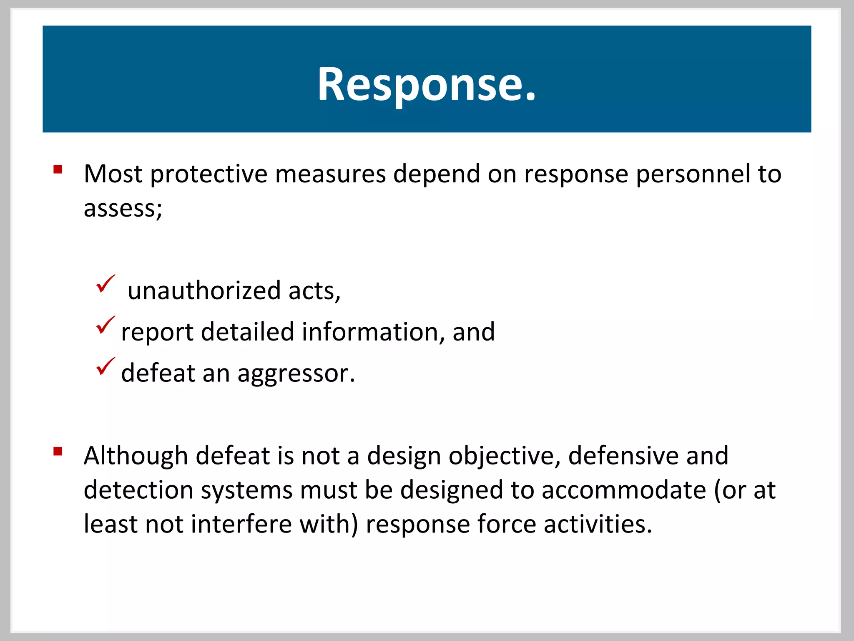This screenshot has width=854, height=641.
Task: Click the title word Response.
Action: click(x=426, y=84)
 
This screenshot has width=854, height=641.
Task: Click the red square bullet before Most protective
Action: click(x=58, y=169)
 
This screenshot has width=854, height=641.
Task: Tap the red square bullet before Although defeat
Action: click(x=58, y=451)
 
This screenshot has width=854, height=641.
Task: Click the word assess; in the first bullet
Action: click(x=123, y=208)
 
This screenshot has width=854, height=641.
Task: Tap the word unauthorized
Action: click(x=204, y=291)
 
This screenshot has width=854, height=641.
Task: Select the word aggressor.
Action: click(x=296, y=373)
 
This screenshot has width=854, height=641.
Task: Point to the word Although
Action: click(x=136, y=456)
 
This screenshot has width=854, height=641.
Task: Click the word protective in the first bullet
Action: click(x=208, y=174)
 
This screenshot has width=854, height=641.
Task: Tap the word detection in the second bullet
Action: click(x=138, y=490)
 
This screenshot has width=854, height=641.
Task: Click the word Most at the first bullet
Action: click(x=113, y=174)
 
